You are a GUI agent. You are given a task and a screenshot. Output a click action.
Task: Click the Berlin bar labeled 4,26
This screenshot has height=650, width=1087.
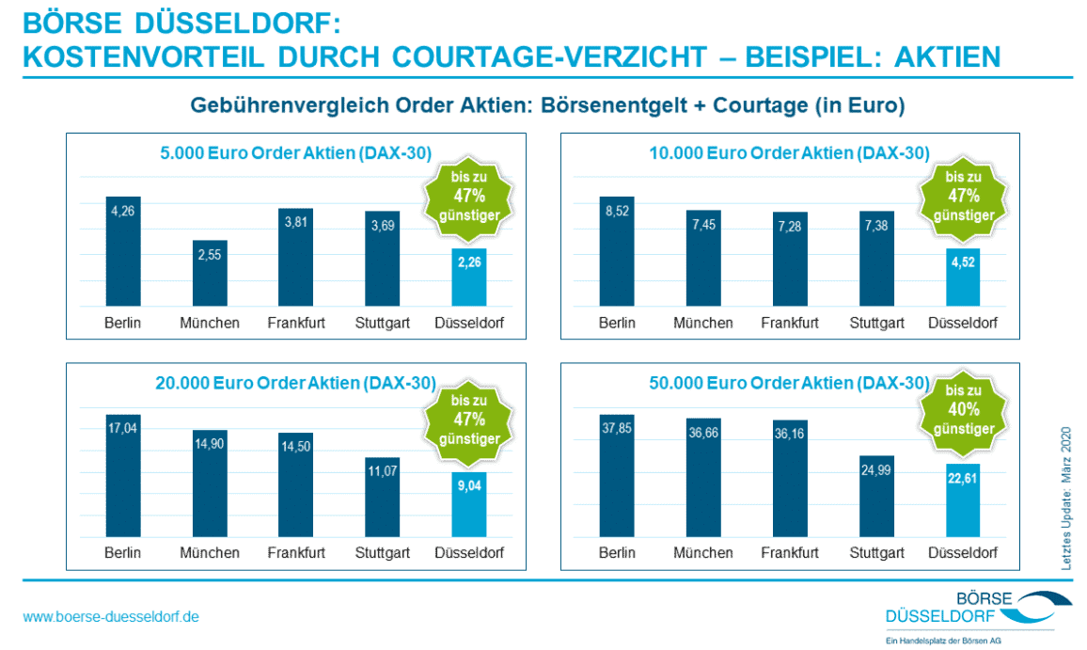pyautogui.click(x=123, y=252)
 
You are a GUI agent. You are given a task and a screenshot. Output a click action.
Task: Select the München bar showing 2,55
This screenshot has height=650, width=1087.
pyautogui.click(x=210, y=273)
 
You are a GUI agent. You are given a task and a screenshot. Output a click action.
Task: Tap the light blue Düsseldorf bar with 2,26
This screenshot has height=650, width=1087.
pyautogui.click(x=468, y=277)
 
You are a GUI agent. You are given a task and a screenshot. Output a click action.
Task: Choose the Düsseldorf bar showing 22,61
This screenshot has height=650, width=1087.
pyautogui.click(x=963, y=500)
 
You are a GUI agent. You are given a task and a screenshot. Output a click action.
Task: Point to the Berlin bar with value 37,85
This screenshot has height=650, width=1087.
pyautogui.click(x=617, y=476)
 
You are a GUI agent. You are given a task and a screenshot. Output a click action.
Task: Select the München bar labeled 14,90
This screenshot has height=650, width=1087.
pyautogui.click(x=210, y=484)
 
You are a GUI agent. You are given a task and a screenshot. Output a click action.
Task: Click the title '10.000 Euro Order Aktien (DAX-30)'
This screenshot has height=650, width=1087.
pyautogui.click(x=789, y=152)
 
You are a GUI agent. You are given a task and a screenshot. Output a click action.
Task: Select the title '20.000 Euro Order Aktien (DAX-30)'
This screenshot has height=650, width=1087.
pyautogui.click(x=295, y=383)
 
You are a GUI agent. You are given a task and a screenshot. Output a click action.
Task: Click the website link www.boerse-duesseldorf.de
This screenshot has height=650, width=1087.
pyautogui.click(x=111, y=617)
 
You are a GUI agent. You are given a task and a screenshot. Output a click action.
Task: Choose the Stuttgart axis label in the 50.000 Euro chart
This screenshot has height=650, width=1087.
pyautogui.click(x=876, y=553)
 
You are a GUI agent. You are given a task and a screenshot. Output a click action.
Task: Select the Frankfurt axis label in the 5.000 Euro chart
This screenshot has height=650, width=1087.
pyautogui.click(x=295, y=323)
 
